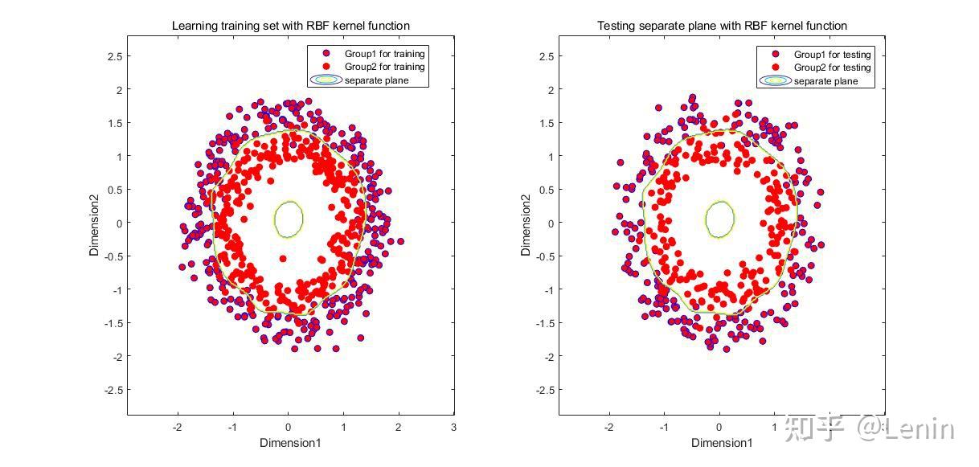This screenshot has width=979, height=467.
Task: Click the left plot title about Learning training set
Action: (290, 26)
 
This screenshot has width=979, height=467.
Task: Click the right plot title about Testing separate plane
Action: (722, 26)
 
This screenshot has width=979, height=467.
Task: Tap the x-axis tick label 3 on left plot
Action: (454, 427)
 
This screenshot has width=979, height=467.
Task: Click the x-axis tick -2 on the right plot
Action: (608, 427)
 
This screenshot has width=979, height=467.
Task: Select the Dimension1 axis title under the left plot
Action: (290, 443)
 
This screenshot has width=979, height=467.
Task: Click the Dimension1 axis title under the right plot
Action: (722, 443)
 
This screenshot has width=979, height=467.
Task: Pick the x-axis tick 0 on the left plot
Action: (288, 427)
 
